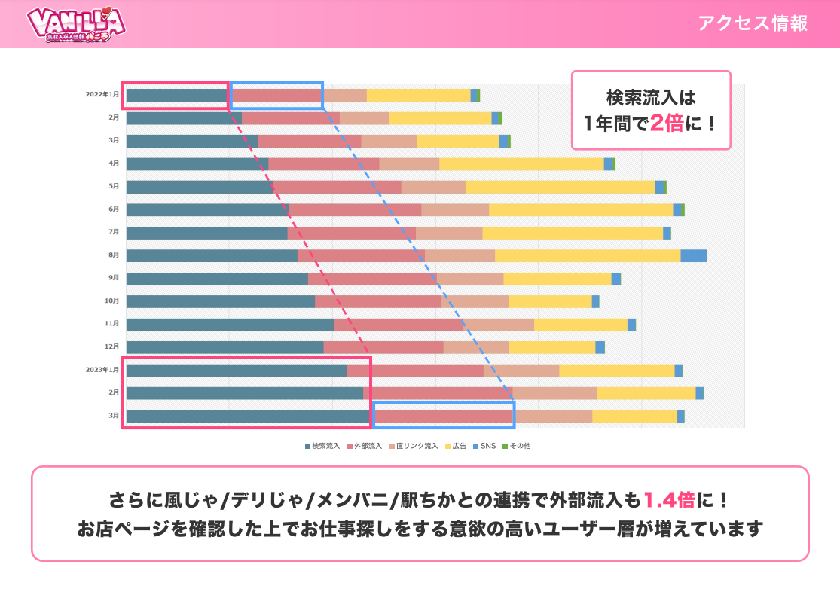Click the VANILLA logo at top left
[x=75, y=24]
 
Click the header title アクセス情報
[x=752, y=23]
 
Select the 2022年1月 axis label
[x=102, y=95]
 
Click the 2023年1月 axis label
[x=102, y=370]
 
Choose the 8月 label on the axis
[x=114, y=255]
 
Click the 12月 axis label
[x=112, y=346]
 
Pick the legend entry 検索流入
[x=323, y=446]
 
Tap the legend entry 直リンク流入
[x=414, y=446]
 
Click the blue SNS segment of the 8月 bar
[x=693, y=255]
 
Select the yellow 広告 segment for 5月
[x=560, y=187]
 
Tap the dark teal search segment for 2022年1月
[x=176, y=95]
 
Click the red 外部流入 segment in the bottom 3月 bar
[x=444, y=417]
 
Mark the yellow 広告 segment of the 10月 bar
[x=550, y=301]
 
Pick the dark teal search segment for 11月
[x=230, y=324]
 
